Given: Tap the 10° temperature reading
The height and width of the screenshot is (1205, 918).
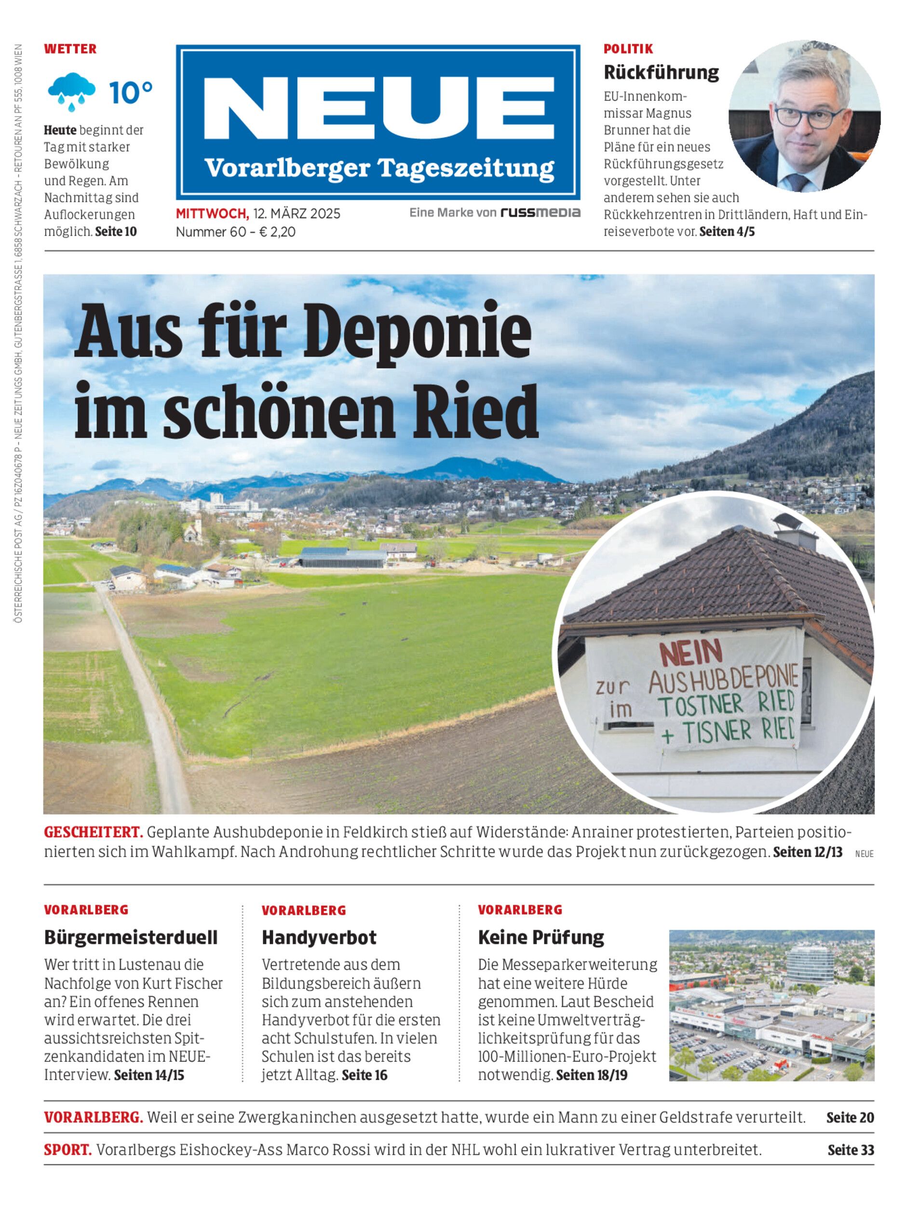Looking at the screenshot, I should [x=131, y=93].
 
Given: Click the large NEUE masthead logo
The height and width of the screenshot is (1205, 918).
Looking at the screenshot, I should [x=378, y=109].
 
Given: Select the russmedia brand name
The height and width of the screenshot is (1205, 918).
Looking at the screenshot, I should [x=540, y=213].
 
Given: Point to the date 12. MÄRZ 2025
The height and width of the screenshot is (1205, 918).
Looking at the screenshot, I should [x=297, y=214].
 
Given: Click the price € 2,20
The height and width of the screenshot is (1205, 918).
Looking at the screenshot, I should [x=277, y=232].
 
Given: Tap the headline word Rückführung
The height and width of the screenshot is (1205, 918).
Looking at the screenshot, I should [x=661, y=72].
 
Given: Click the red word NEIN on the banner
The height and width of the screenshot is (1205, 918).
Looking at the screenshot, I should [x=691, y=653].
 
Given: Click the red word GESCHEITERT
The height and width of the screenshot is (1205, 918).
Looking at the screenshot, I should [x=94, y=832].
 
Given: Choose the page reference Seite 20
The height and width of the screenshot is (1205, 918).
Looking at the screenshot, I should [x=850, y=1118].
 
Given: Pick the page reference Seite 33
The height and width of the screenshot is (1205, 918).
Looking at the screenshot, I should [x=850, y=1150].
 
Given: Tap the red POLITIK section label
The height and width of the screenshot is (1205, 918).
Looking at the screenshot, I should [x=628, y=49].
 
